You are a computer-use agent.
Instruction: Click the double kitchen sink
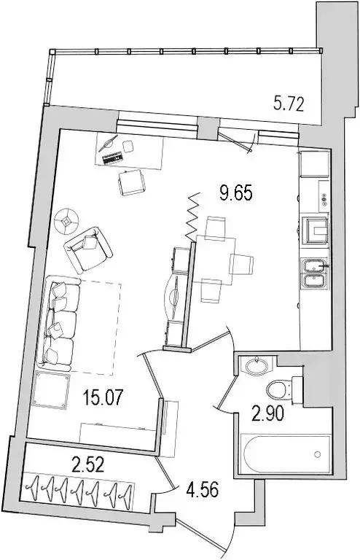[x=314, y=273]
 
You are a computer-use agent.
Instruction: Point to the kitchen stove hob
[x=316, y=228]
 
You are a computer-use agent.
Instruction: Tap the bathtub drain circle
[x=318, y=454]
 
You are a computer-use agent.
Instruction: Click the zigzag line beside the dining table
[x=192, y=215]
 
